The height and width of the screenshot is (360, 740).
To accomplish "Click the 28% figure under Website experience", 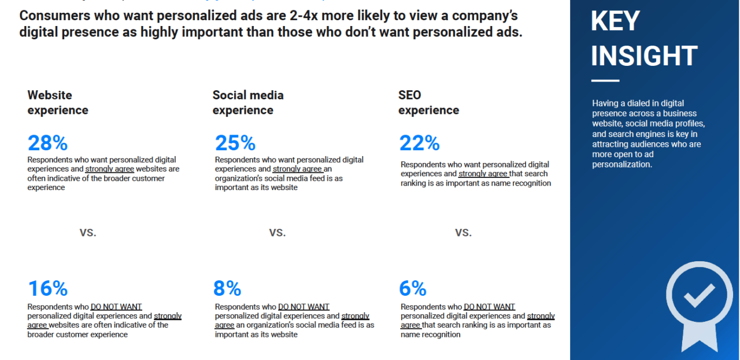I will point(47,143).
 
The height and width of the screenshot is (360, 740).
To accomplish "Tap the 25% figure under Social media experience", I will point(235,143).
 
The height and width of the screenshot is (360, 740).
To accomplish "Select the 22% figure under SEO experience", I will point(419,143).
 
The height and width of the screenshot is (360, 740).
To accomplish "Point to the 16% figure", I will point(47,288).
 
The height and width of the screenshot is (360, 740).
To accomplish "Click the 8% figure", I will point(228,288).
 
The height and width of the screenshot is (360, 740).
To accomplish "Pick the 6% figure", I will point(413,288).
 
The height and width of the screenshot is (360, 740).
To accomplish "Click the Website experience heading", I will point(58,102).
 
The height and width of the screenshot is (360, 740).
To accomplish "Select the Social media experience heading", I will point(247,102).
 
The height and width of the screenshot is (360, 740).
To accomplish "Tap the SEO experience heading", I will point(428,102).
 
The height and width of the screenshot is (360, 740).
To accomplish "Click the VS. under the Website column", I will point(88,233).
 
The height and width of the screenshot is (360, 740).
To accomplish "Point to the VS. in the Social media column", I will point(277,233).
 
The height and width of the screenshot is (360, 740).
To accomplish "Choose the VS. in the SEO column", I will point(463,233).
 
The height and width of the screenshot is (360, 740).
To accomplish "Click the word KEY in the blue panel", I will point(615,21).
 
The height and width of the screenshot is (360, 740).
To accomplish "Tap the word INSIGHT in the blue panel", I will point(643,56).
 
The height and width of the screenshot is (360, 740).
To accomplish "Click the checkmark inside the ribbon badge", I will point(699,295).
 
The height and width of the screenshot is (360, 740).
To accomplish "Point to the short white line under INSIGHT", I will point(605,81).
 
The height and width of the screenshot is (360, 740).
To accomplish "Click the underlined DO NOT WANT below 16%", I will point(116,307).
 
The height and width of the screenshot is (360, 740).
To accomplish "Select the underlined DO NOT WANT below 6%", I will point(489,307).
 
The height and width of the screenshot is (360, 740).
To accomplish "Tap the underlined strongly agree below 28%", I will point(110,169).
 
